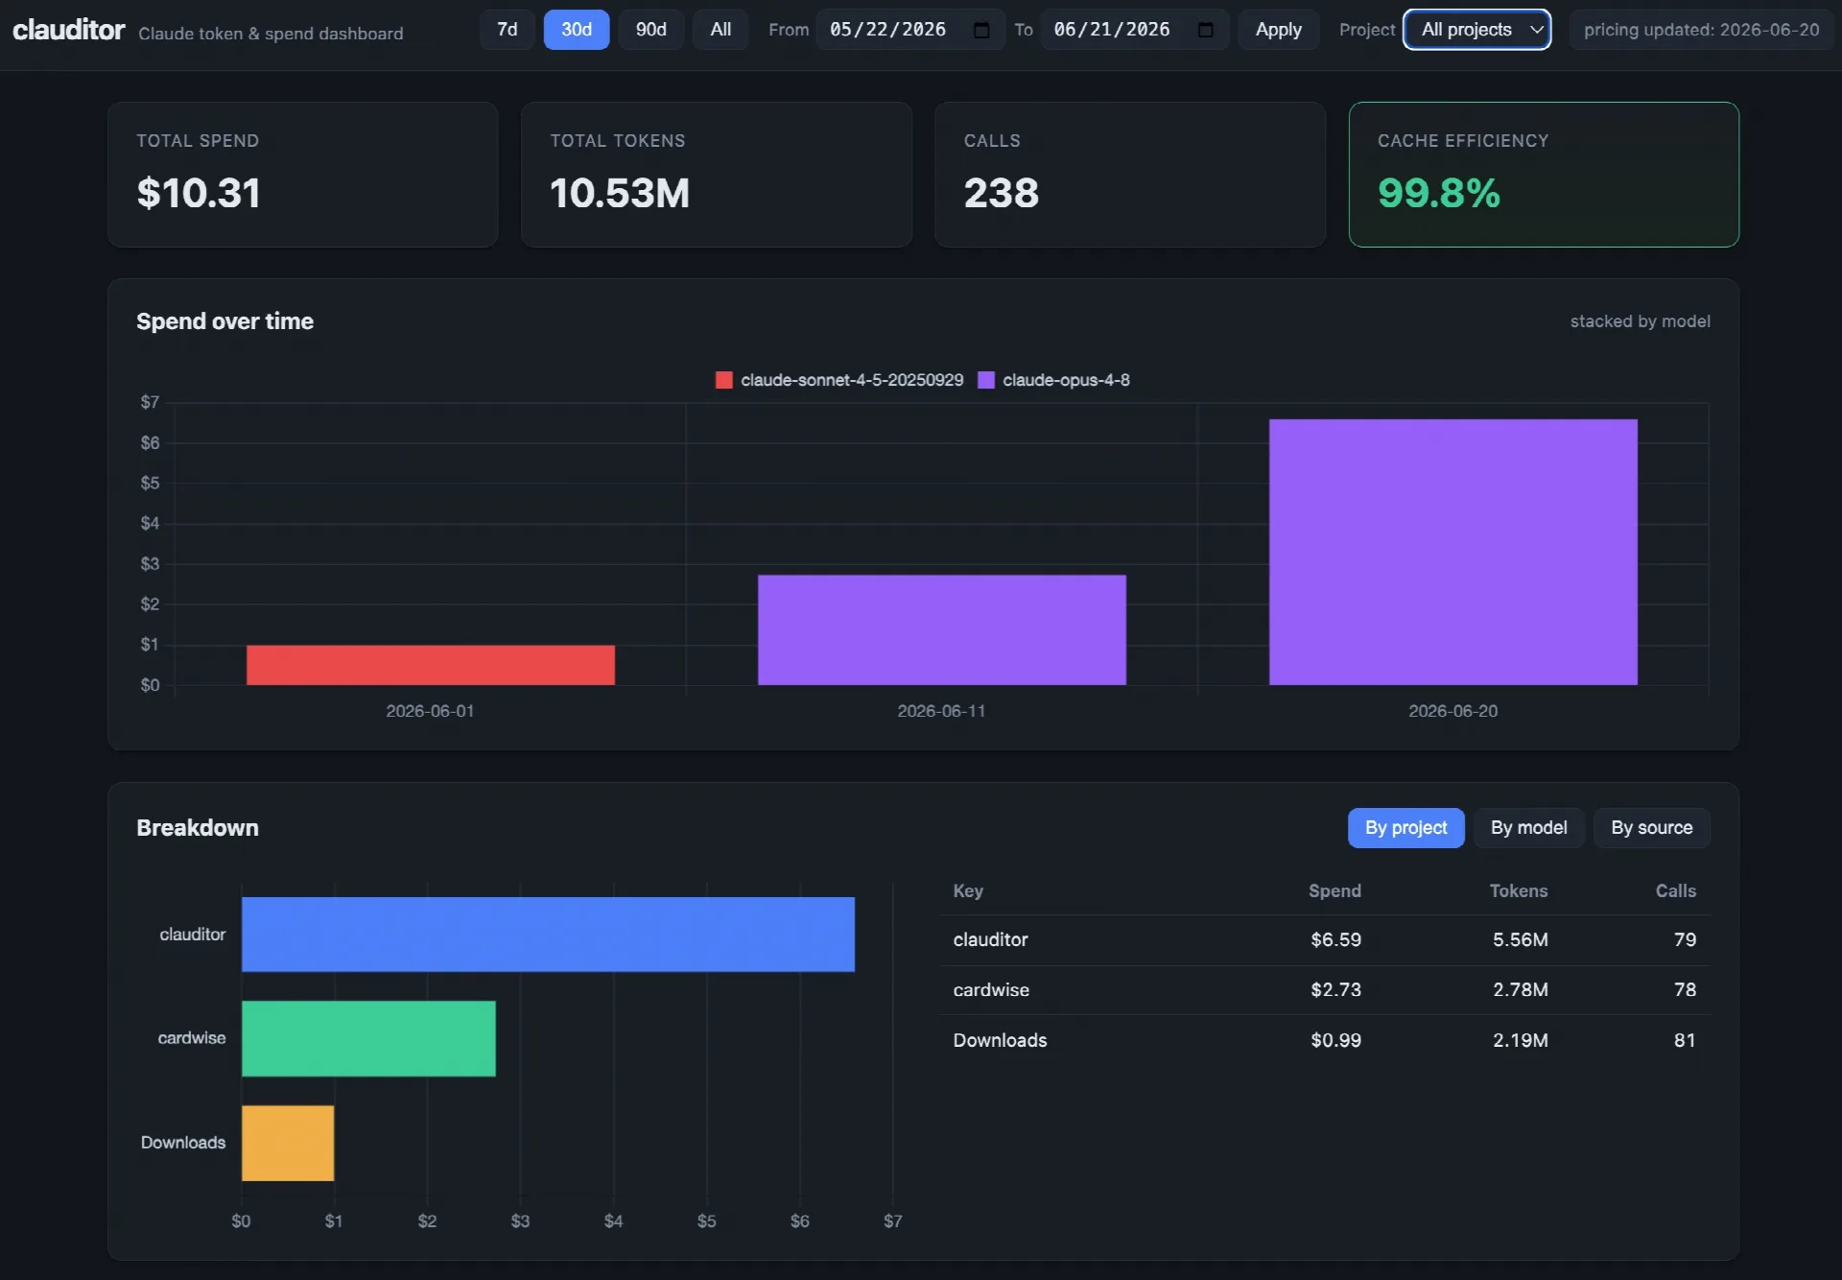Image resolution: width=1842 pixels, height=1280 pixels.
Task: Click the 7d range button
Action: coord(507,30)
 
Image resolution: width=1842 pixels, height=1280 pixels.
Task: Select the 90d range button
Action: coord(650,30)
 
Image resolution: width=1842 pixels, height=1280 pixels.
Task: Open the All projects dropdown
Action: coord(1476,30)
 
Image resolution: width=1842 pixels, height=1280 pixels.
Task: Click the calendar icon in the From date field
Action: coord(981,30)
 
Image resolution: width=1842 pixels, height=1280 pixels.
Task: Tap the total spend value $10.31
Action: coord(199,193)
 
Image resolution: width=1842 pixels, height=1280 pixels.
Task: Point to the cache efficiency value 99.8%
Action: coord(1438,193)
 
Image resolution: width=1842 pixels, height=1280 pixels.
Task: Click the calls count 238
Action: coord(1001,193)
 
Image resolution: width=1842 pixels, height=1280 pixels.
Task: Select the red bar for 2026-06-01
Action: coord(431,665)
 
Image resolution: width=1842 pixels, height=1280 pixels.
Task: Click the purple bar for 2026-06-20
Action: coord(1452,552)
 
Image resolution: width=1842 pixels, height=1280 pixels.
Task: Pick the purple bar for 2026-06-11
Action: coord(941,629)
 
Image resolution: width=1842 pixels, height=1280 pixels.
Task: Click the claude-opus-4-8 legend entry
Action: coord(1053,380)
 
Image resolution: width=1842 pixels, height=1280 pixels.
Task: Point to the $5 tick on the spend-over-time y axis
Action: coord(150,483)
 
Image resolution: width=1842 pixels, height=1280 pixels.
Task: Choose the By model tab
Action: coord(1528,828)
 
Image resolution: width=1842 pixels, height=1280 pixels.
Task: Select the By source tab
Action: coord(1651,828)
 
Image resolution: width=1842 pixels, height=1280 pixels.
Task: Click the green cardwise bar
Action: coord(368,1038)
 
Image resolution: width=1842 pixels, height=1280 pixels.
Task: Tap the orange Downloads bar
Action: coord(288,1143)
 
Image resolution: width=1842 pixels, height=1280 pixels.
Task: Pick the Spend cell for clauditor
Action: coord(1335,939)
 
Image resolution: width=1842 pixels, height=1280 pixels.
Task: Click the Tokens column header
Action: coord(1518,890)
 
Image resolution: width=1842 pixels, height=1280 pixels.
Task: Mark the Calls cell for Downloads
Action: coord(1685,1040)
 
